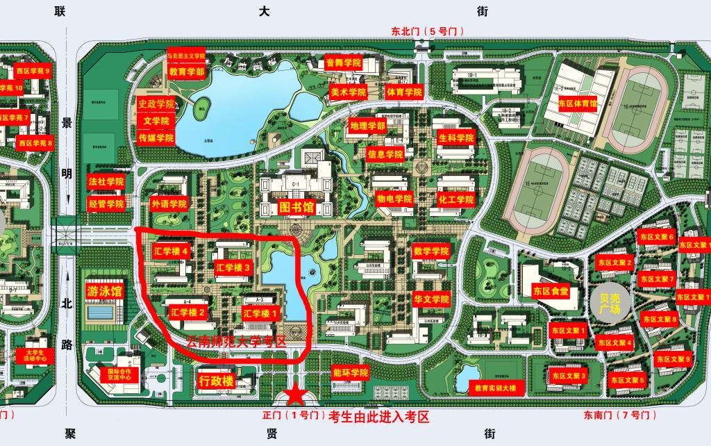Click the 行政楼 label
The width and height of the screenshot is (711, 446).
215,381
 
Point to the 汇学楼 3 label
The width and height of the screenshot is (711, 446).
233,267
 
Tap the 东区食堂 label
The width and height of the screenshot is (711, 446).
551,290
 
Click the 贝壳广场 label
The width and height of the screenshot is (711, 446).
609,304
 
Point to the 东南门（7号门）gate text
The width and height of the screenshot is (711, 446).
617,415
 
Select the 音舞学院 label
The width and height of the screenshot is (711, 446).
344,63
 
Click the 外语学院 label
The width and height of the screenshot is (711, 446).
169,204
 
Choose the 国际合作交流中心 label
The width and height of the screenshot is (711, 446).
119,375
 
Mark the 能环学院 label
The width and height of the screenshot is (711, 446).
351,373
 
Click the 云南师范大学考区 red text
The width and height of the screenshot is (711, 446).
237,342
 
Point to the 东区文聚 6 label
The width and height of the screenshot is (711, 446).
658,236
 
